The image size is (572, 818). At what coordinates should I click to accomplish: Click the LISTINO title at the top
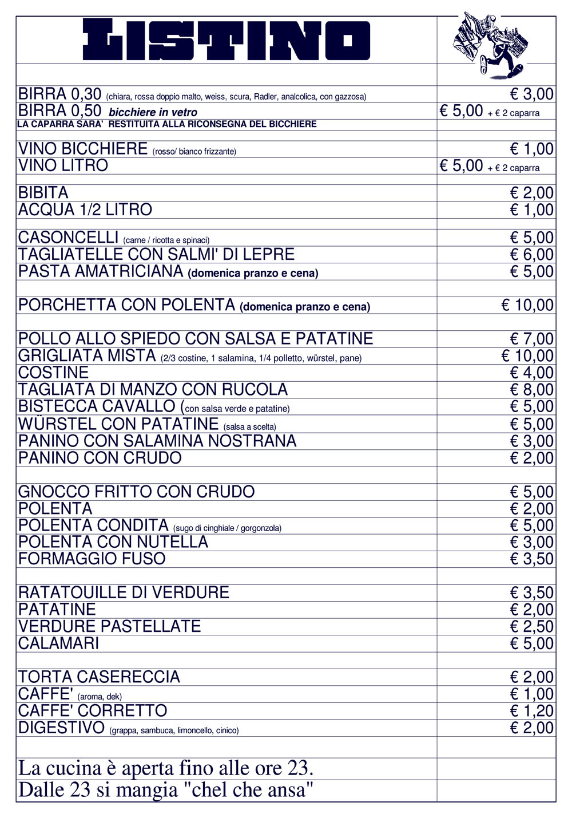pos(227,40)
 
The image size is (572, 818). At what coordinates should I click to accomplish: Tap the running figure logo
pos(490,45)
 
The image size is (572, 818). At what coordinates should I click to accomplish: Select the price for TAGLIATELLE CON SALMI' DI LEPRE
pos(531,255)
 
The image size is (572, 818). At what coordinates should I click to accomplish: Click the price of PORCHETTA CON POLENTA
pos(527,305)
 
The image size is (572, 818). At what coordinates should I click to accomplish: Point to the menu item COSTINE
pos(54,373)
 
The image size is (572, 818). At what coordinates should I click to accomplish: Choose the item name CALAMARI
pos(58,643)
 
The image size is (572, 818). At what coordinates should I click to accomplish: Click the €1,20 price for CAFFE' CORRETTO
pos(531,711)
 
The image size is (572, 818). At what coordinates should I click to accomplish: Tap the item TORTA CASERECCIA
pos(99,677)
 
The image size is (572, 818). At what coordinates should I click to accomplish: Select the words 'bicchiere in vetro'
pos(153,113)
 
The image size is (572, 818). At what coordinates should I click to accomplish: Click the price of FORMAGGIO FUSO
pos(531,559)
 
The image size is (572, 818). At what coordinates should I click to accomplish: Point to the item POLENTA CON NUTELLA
pos(113,542)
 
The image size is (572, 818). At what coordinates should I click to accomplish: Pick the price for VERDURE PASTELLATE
pos(531,626)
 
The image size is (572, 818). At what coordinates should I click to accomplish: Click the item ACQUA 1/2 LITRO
pos(85,210)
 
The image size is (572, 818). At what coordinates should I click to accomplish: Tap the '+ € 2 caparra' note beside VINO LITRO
pos(513,168)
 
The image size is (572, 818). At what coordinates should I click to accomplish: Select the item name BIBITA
pos(43,193)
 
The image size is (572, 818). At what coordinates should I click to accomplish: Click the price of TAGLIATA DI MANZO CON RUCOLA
pos(531,390)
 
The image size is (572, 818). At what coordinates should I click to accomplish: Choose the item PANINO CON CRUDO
pos(100,458)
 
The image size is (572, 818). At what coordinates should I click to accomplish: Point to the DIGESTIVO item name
pos(62,728)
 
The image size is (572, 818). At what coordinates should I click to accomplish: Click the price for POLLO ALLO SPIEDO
pos(531,339)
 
